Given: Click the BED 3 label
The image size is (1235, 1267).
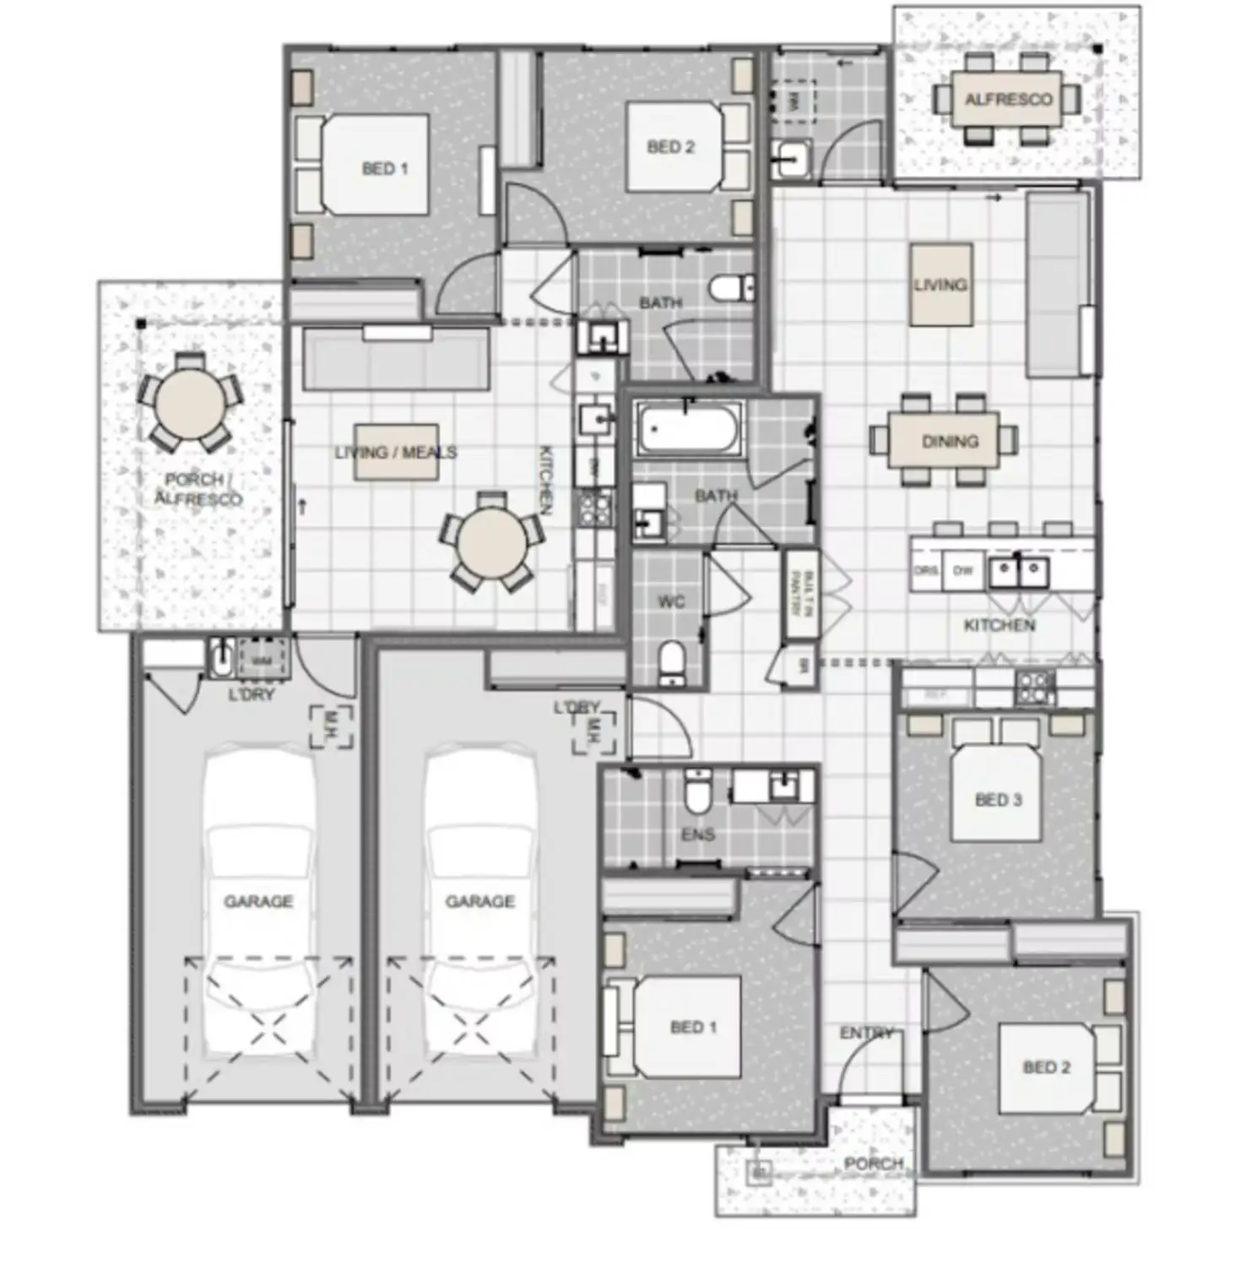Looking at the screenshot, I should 998,799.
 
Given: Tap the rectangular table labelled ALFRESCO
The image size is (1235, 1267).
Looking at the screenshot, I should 1007,100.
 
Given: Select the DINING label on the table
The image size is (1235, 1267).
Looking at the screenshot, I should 950,441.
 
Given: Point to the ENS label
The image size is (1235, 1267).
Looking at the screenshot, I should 697,835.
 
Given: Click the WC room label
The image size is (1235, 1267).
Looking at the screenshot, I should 670,601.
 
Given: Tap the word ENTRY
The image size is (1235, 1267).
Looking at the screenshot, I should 865,1033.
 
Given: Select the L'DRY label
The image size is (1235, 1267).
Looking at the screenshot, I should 251,694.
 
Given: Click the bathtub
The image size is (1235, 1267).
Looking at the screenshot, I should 689,428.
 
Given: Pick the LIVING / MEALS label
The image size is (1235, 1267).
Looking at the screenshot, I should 395,453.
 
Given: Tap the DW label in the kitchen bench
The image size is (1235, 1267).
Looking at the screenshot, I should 963,571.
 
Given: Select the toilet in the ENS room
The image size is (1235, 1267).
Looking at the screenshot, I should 698,791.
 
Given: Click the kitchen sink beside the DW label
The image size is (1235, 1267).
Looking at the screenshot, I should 1019,572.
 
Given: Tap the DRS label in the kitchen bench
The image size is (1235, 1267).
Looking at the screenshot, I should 925,571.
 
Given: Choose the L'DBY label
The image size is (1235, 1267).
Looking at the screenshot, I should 577,708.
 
